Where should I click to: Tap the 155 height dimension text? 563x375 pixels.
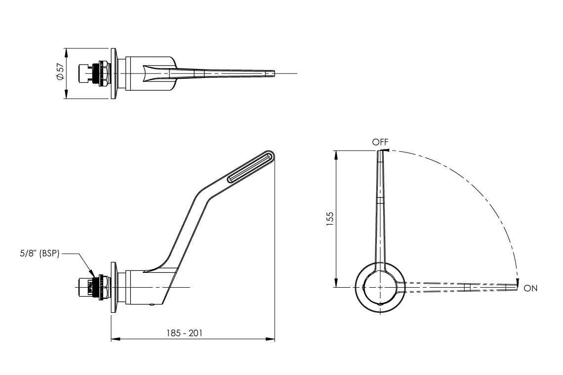click(330, 219)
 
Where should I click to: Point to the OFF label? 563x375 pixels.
click(380, 142)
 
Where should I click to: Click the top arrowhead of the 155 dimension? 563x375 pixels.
click(336, 154)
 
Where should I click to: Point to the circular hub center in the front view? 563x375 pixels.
click(379, 287)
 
